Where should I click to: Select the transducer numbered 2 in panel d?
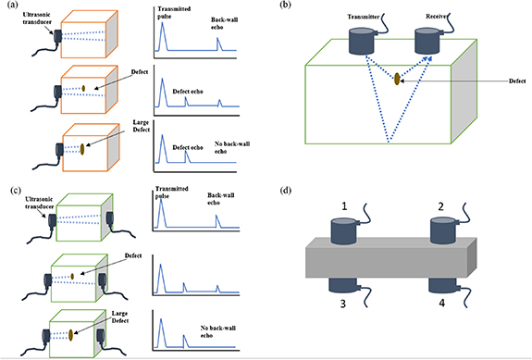(447, 229)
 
